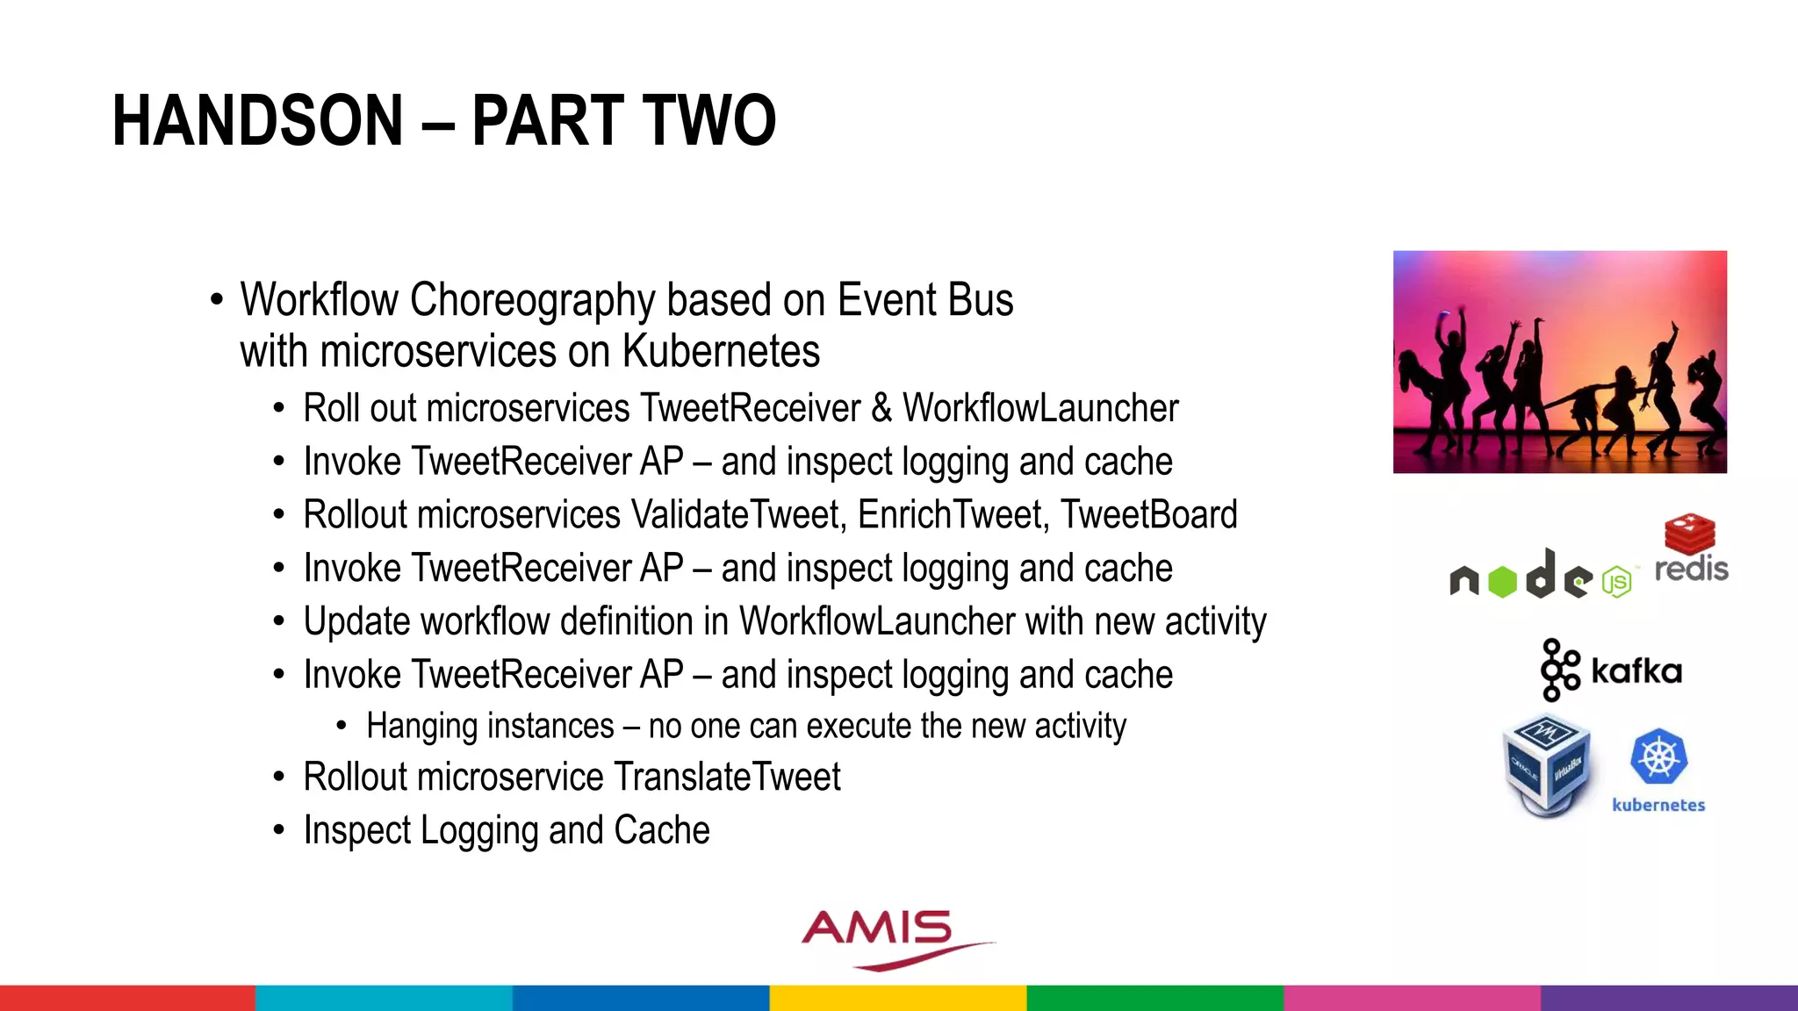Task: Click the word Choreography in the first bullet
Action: click(x=532, y=300)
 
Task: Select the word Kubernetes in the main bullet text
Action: click(x=721, y=352)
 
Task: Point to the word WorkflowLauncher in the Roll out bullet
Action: click(x=1040, y=408)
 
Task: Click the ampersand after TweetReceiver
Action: click(x=881, y=408)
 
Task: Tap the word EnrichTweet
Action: click(x=953, y=515)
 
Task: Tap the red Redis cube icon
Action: click(x=1689, y=533)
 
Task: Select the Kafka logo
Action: click(x=1611, y=670)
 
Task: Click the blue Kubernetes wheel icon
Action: click(x=1658, y=756)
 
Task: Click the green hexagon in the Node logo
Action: click(x=1502, y=582)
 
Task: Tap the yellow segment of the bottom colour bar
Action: click(x=898, y=998)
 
